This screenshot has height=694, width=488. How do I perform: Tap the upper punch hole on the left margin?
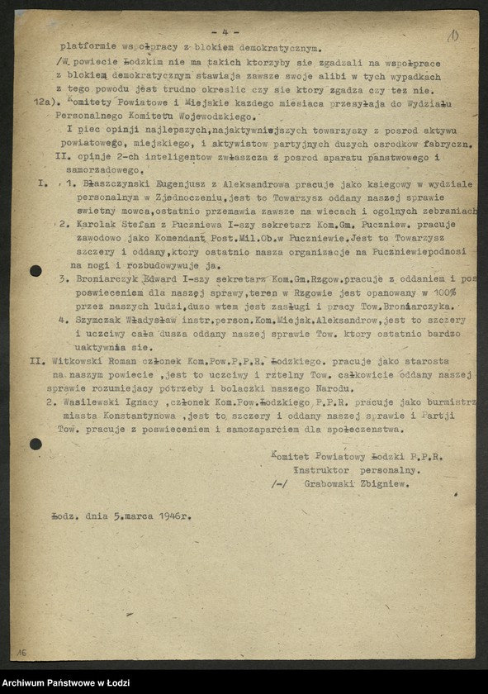click(36, 271)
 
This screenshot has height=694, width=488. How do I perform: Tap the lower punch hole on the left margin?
click(36, 444)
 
